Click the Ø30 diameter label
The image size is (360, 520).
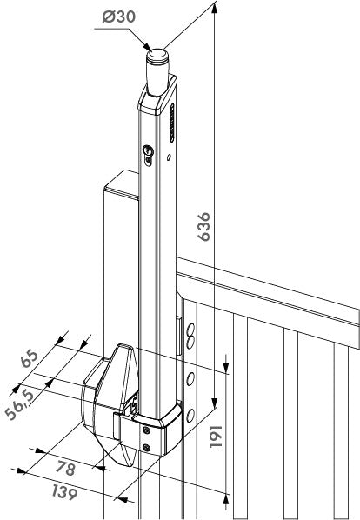pyautogui.click(x=118, y=17)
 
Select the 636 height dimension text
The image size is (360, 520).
pyautogui.click(x=203, y=226)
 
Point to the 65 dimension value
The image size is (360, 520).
pyautogui.click(x=30, y=357)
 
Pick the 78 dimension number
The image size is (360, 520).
pyautogui.click(x=65, y=469)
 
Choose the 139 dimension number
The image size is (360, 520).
pyautogui.click(x=65, y=492)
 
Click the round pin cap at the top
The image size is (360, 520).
pyautogui.click(x=157, y=56)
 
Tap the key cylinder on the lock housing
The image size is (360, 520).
pyautogui.click(x=148, y=155)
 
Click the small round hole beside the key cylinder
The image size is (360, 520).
pyautogui.click(x=169, y=157)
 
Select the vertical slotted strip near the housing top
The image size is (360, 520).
pyautogui.click(x=172, y=123)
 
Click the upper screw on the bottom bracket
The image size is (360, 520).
pyautogui.click(x=146, y=430)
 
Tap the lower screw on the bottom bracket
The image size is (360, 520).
pyautogui.click(x=146, y=448)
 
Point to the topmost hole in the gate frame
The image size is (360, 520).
pyautogui.click(x=190, y=330)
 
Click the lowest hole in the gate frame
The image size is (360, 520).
pyautogui.click(x=190, y=416)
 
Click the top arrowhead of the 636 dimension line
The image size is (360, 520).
pyautogui.click(x=215, y=8)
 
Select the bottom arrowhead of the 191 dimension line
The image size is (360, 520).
pyautogui.click(x=226, y=499)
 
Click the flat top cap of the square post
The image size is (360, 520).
pyautogui.click(x=122, y=184)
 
